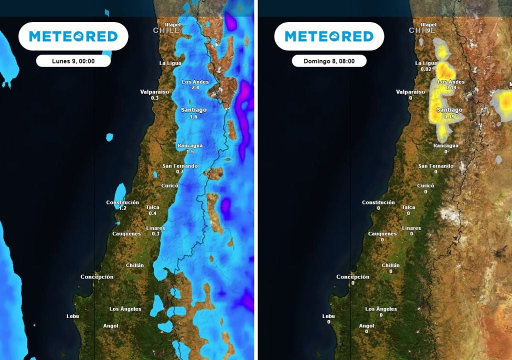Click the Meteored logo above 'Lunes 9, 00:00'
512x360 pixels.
[x=73, y=36]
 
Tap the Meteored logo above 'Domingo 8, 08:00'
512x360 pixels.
[x=329, y=36]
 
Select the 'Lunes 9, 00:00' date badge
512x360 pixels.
[x=73, y=61]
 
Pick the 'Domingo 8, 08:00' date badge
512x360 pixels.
[x=329, y=61]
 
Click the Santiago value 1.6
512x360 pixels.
[x=194, y=116]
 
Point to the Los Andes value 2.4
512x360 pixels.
[x=195, y=87]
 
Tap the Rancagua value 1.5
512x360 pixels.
[x=190, y=151]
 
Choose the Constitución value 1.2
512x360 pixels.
[x=122, y=208]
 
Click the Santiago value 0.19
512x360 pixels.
[x=449, y=116]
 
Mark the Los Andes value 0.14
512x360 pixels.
[x=451, y=87]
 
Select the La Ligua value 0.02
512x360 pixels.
[x=426, y=69]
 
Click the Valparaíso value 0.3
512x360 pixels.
[x=154, y=98]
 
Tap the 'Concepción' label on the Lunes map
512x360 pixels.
[x=97, y=277]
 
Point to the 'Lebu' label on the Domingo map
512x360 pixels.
[x=328, y=316]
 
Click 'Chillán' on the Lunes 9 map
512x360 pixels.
[x=135, y=265]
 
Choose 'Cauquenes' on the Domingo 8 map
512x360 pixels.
[x=382, y=234]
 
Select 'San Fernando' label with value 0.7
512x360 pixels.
[x=180, y=166]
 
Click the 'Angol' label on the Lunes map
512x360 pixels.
[x=110, y=326]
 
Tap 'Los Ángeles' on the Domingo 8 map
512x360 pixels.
[x=381, y=309]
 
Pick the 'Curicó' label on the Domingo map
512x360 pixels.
[x=425, y=185]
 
